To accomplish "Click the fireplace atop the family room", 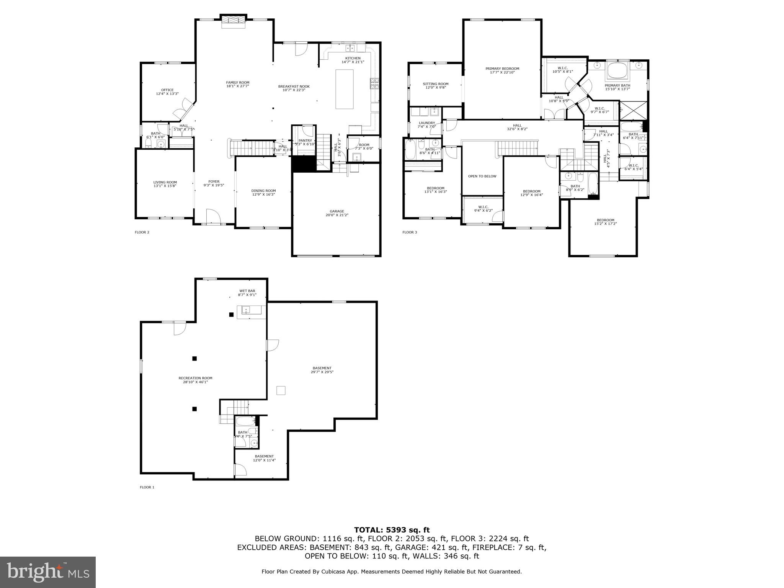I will (233, 21).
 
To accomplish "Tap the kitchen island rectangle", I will (345, 89).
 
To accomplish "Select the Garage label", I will (337, 211).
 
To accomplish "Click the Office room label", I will (167, 90).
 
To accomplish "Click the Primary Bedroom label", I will (502, 69).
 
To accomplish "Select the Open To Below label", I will (482, 176).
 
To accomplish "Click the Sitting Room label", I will (436, 84).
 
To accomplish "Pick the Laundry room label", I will (426, 123).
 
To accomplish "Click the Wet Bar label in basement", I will (247, 291).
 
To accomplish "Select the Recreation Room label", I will (195, 378).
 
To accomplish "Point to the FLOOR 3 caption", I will (410, 232).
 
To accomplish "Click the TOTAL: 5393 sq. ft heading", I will (392, 530).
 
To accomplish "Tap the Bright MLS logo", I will (48, 572).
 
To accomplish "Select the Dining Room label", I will (263, 191).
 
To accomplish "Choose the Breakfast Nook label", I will (294, 87).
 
